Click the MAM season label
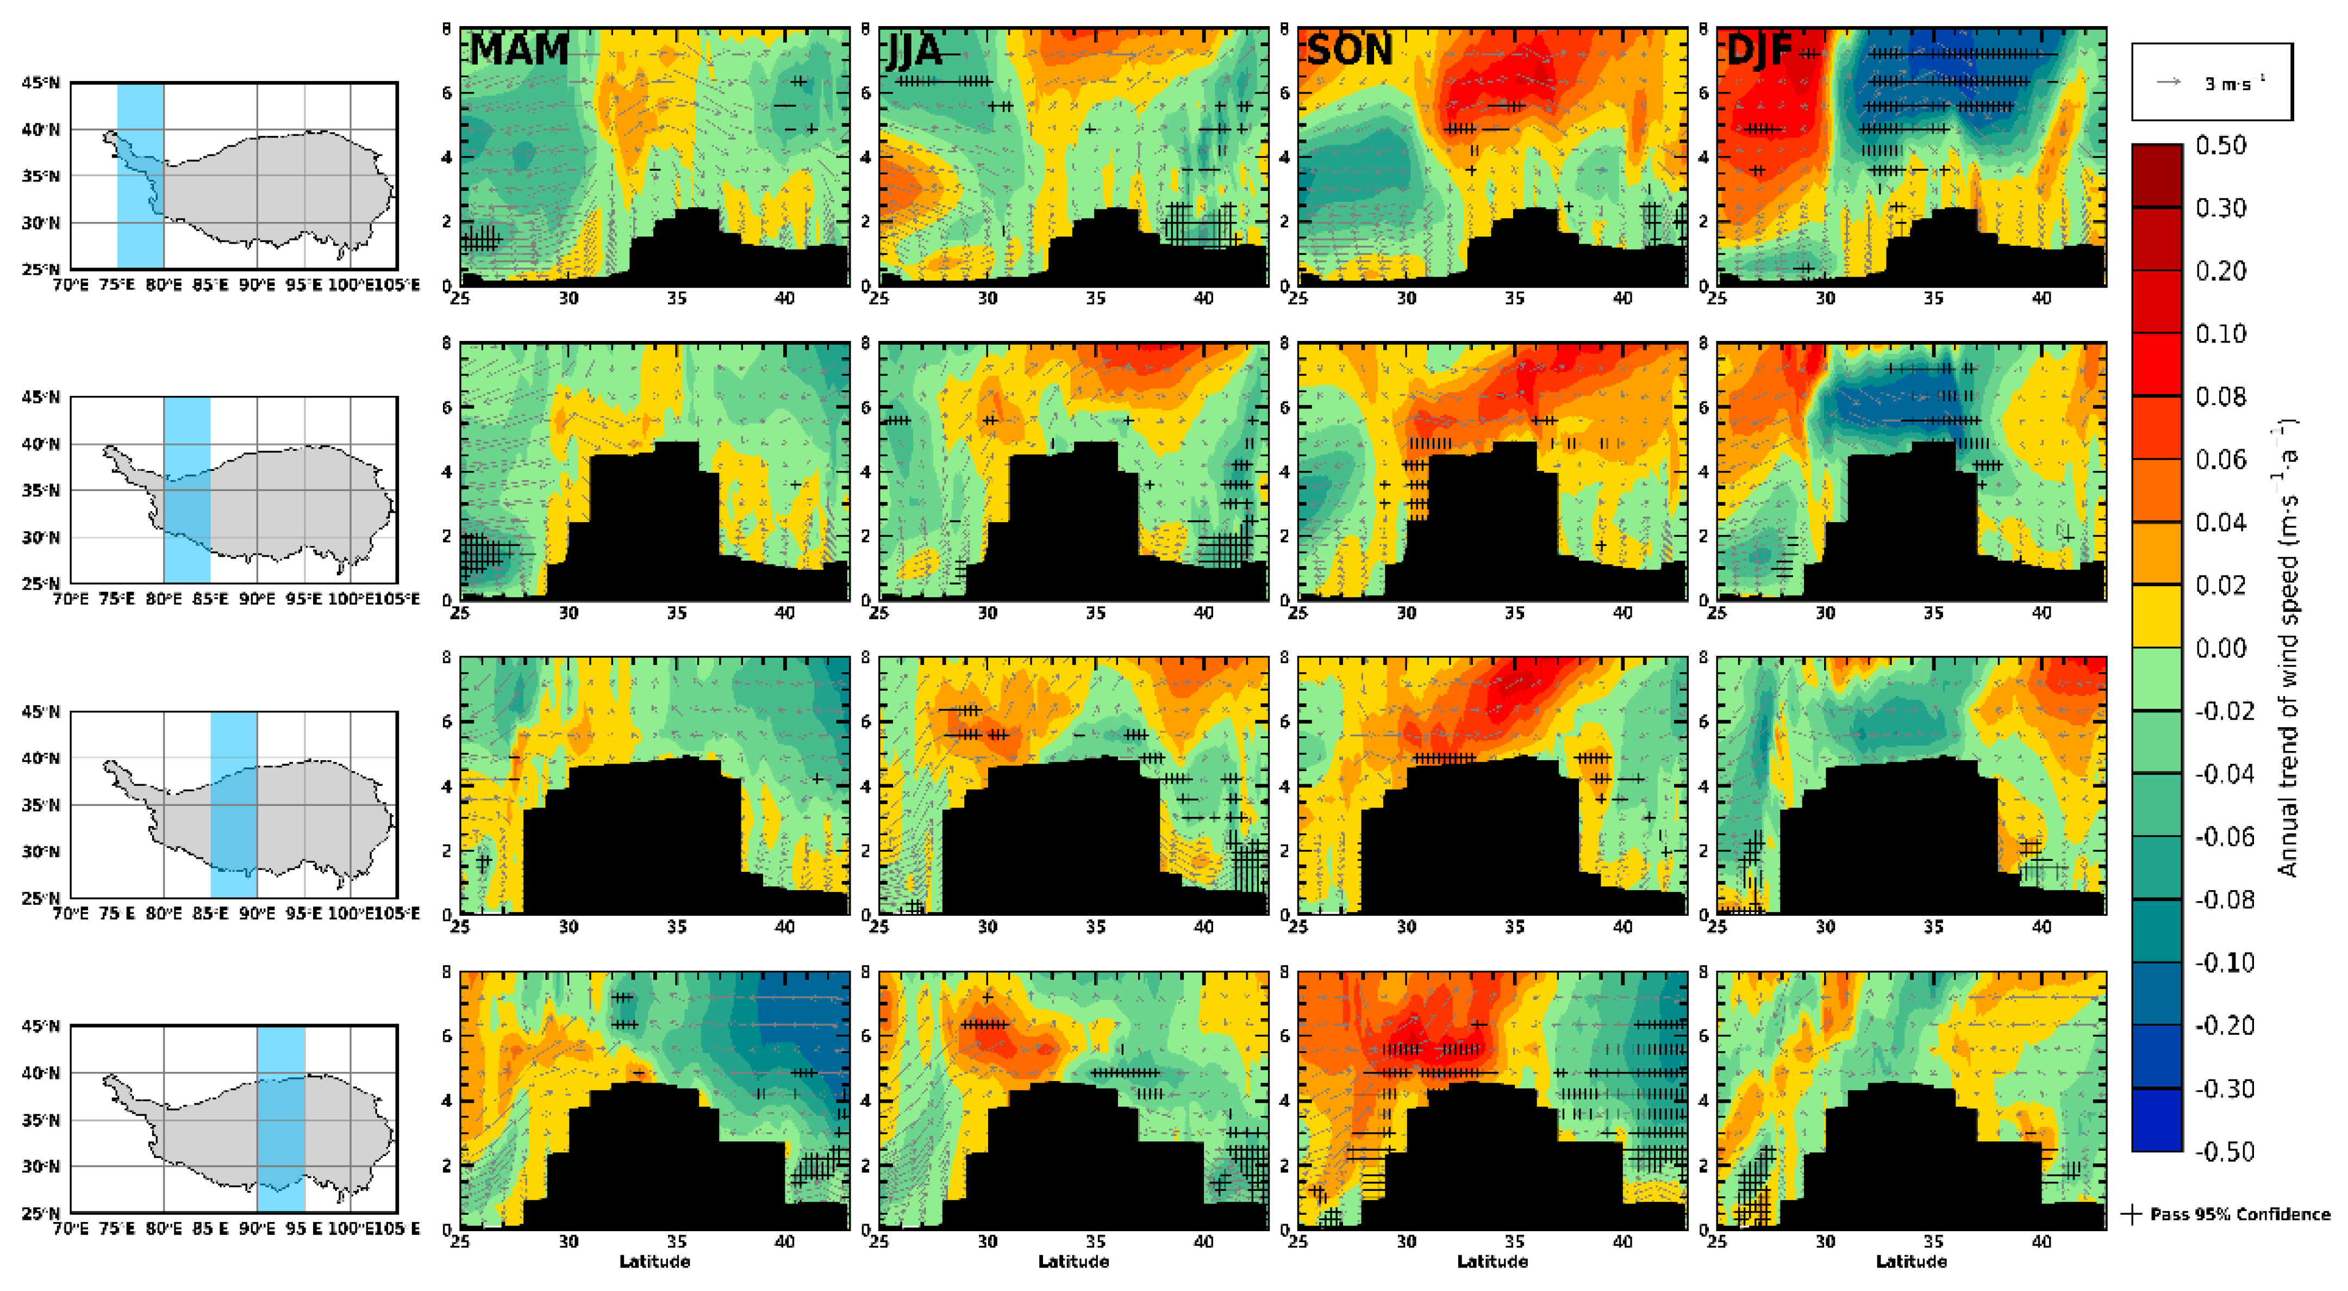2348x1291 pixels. [519, 49]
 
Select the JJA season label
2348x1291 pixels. [914, 49]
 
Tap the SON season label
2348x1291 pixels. [1349, 49]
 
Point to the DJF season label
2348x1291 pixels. [1759, 49]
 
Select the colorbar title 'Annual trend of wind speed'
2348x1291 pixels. [2287, 647]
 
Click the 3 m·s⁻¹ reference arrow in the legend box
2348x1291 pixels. [2169, 82]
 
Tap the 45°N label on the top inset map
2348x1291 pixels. [41, 83]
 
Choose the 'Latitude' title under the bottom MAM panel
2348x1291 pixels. [654, 1262]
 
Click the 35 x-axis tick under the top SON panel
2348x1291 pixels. [1514, 298]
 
